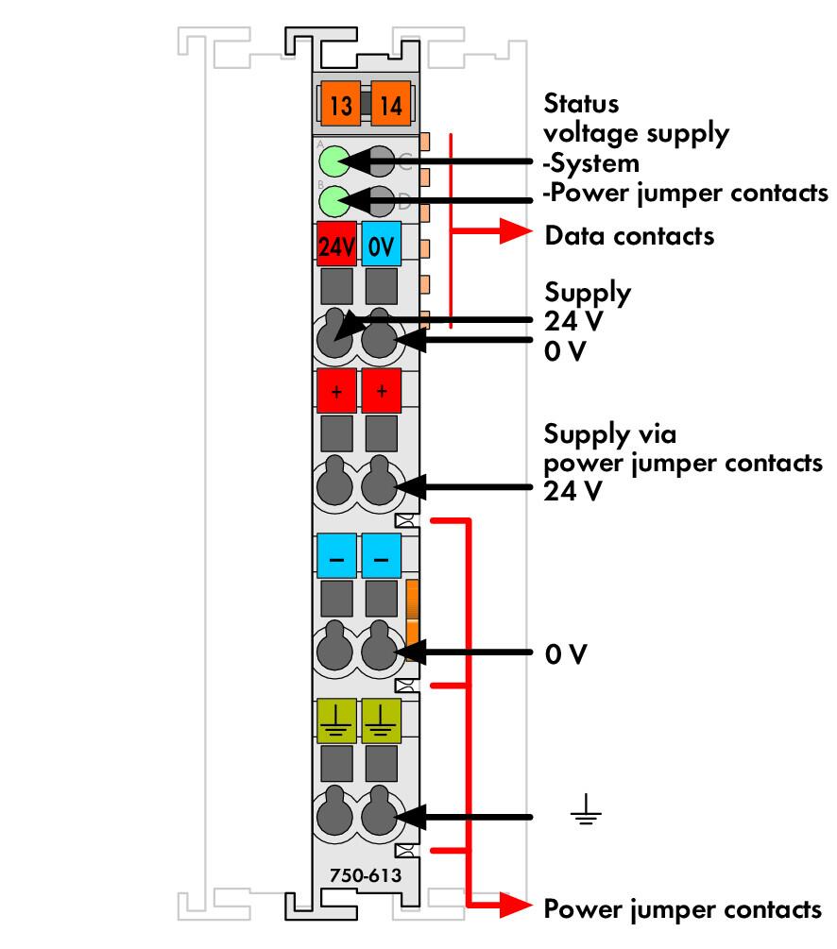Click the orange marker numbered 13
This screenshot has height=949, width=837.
[x=340, y=104]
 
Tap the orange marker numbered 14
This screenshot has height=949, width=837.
[x=391, y=104]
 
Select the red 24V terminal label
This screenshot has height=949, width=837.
[x=336, y=244]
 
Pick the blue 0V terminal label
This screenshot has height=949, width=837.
[x=381, y=244]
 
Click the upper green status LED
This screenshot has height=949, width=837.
[x=334, y=161]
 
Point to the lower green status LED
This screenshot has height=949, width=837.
[x=334, y=201]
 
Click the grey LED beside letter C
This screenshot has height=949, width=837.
[x=380, y=161]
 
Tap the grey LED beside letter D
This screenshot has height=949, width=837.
[x=380, y=201]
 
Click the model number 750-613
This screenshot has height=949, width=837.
[x=366, y=875]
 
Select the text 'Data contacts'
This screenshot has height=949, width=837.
[x=629, y=235]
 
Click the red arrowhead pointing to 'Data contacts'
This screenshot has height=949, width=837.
[x=516, y=230]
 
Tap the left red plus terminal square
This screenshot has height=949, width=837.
[x=336, y=390]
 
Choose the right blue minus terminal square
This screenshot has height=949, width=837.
[x=381, y=555]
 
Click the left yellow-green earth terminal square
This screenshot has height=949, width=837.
[x=336, y=720]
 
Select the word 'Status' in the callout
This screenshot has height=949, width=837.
[x=581, y=104]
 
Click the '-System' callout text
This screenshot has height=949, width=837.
[x=590, y=163]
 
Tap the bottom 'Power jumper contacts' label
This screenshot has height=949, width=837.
[x=683, y=909]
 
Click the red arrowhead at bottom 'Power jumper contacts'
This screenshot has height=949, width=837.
[x=516, y=906]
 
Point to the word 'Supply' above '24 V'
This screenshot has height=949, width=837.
[x=588, y=293]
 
